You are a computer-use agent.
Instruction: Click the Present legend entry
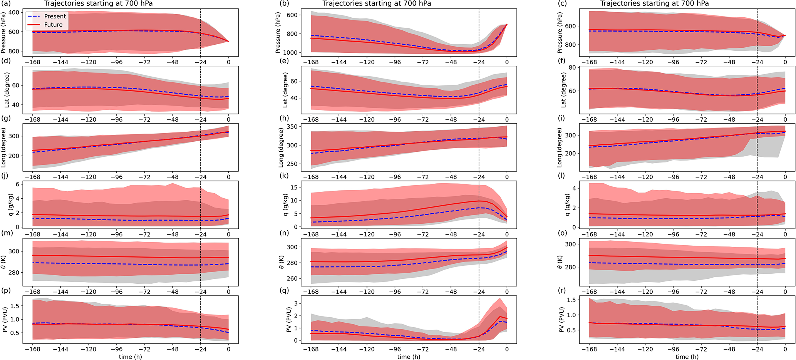tap(55, 16)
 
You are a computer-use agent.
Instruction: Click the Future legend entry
tap(53, 25)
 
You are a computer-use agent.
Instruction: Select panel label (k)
tap(285, 176)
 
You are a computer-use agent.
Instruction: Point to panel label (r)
tap(563, 290)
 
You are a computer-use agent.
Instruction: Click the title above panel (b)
tap(376, 3)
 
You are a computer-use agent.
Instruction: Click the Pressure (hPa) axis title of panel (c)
tap(560, 33)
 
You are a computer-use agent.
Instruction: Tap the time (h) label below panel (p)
tap(131, 357)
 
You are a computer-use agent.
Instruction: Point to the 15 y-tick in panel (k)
tap(294, 188)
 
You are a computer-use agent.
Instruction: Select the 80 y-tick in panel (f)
tap(572, 68)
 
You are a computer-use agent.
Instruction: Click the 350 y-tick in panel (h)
tap(292, 127)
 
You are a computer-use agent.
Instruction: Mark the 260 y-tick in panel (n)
tap(292, 278)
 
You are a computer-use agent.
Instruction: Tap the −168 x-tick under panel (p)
tap(32, 350)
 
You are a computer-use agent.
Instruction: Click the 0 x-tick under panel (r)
tap(785, 350)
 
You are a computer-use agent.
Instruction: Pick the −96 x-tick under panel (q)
tap(395, 350)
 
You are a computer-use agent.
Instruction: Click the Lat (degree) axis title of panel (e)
tap(285, 90)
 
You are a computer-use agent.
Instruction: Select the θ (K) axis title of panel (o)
tap(561, 262)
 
